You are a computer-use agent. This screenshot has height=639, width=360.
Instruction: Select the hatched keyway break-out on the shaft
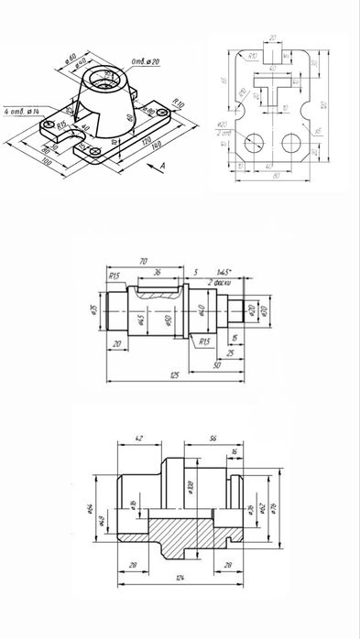[157, 293]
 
